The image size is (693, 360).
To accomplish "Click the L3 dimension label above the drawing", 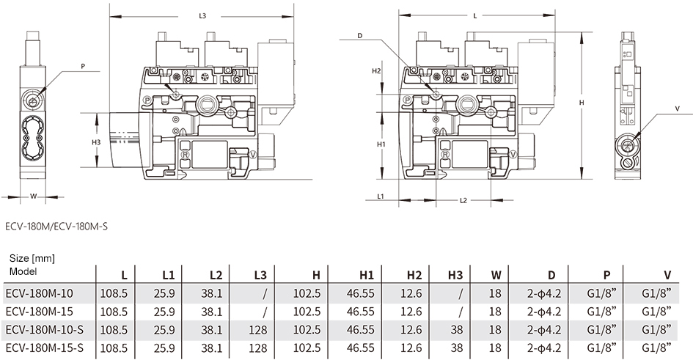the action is (x=202, y=16).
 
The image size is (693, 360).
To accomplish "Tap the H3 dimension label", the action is (x=96, y=142).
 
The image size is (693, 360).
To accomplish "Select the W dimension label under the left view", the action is (x=33, y=196).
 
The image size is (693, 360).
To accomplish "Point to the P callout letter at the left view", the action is (x=83, y=67).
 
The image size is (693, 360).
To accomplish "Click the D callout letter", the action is (x=360, y=35).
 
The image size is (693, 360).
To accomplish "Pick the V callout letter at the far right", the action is (x=678, y=109).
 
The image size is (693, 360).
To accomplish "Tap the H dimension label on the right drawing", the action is (x=582, y=103).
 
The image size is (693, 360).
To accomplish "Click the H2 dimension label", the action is (x=376, y=70).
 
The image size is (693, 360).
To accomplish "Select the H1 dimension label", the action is (x=381, y=144).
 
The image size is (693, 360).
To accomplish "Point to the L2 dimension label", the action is (x=463, y=201).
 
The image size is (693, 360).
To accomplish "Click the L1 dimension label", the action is (x=381, y=196).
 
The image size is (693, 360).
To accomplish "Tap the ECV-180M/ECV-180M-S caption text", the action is (x=56, y=227).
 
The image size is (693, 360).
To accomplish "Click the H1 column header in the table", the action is (x=367, y=275).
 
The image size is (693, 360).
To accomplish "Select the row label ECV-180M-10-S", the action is (x=45, y=329).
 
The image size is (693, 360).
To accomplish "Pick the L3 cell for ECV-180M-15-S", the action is (x=258, y=348).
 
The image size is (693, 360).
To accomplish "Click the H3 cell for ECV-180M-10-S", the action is (x=457, y=329).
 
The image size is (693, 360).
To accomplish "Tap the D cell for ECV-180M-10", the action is (x=544, y=293).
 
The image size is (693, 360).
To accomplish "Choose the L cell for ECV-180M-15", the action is (x=114, y=312).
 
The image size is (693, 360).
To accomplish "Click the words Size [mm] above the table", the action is (x=32, y=258).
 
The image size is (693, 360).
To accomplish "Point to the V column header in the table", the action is (x=667, y=275).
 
